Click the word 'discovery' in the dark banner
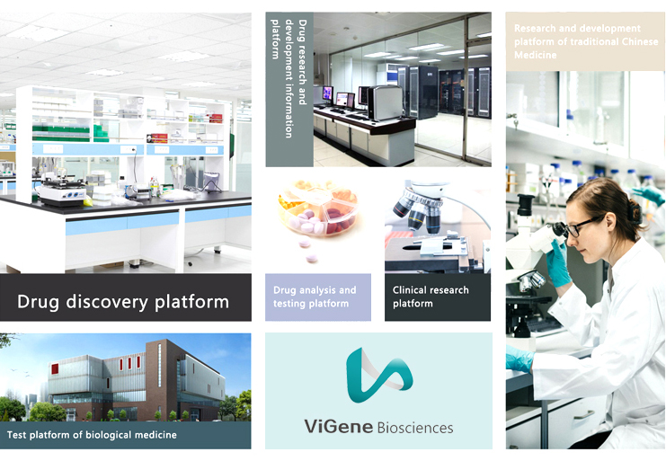106,302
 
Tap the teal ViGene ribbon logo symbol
378,376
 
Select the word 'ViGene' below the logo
339,426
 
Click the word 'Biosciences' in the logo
415,428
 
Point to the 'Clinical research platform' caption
431,297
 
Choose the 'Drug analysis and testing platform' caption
315,297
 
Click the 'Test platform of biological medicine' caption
92,435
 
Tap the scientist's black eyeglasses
580,226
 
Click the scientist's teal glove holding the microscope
557,263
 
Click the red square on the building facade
55,368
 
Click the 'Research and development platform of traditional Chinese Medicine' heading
586,41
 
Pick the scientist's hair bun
635,212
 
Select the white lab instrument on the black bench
62,191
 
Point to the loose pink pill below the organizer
312,258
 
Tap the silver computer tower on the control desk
386,102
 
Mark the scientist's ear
611,223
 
